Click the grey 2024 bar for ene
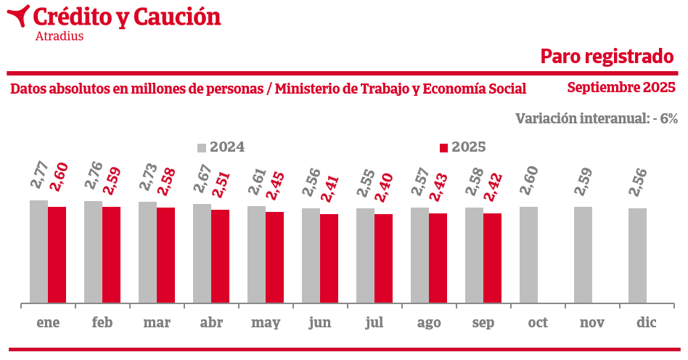(x=38, y=251)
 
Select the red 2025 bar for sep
(x=492, y=258)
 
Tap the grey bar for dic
(x=637, y=255)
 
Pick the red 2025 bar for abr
(x=220, y=256)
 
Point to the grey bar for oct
(x=528, y=254)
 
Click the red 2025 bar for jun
(x=329, y=258)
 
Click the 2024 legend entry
(x=221, y=147)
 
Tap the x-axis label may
(x=266, y=323)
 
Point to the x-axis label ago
(x=429, y=323)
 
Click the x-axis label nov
(x=592, y=323)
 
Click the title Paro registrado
(x=607, y=56)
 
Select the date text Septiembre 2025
(x=621, y=88)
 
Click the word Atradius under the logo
(x=59, y=36)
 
